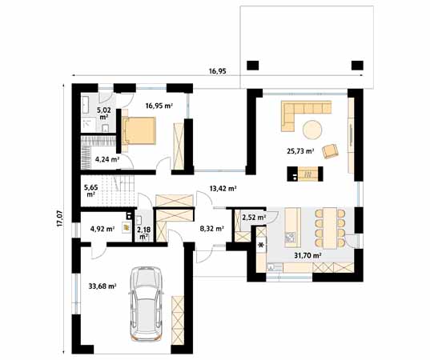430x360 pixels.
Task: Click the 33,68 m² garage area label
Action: pyautogui.click(x=102, y=286)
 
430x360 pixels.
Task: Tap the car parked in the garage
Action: pyautogui.click(x=146, y=303)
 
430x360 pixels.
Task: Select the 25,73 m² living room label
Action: pyautogui.click(x=300, y=150)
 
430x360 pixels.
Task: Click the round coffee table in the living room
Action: pyautogui.click(x=312, y=130)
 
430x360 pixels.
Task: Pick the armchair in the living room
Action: pyautogui.click(x=330, y=151)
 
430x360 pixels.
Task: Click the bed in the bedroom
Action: pyautogui.click(x=139, y=130)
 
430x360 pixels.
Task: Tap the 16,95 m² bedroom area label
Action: pyautogui.click(x=159, y=106)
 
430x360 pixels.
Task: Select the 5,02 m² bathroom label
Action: pyautogui.click(x=103, y=114)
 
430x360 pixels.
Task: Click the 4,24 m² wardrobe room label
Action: pyautogui.click(x=107, y=159)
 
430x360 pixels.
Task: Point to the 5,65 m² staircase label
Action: pyautogui.click(x=90, y=190)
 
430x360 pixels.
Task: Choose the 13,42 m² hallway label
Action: pyautogui.click(x=223, y=189)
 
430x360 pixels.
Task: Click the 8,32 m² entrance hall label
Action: pyautogui.click(x=212, y=228)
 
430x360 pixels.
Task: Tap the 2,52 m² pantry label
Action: pyautogui.click(x=254, y=218)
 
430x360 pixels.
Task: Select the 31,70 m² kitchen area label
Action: pyautogui.click(x=307, y=256)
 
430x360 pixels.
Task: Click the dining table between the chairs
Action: pyautogui.click(x=330, y=228)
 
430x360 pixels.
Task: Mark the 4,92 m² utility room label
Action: pyautogui.click(x=102, y=229)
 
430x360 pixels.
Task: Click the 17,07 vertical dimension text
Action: pyautogui.click(x=60, y=218)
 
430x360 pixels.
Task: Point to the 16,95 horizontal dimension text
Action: pyautogui.click(x=218, y=71)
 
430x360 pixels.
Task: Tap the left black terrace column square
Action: pyautogui.click(x=253, y=66)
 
